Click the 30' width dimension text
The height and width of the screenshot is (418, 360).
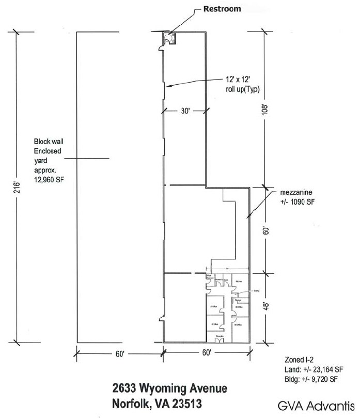tap(185, 111)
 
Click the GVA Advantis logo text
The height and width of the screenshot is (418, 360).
tap(315, 404)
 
